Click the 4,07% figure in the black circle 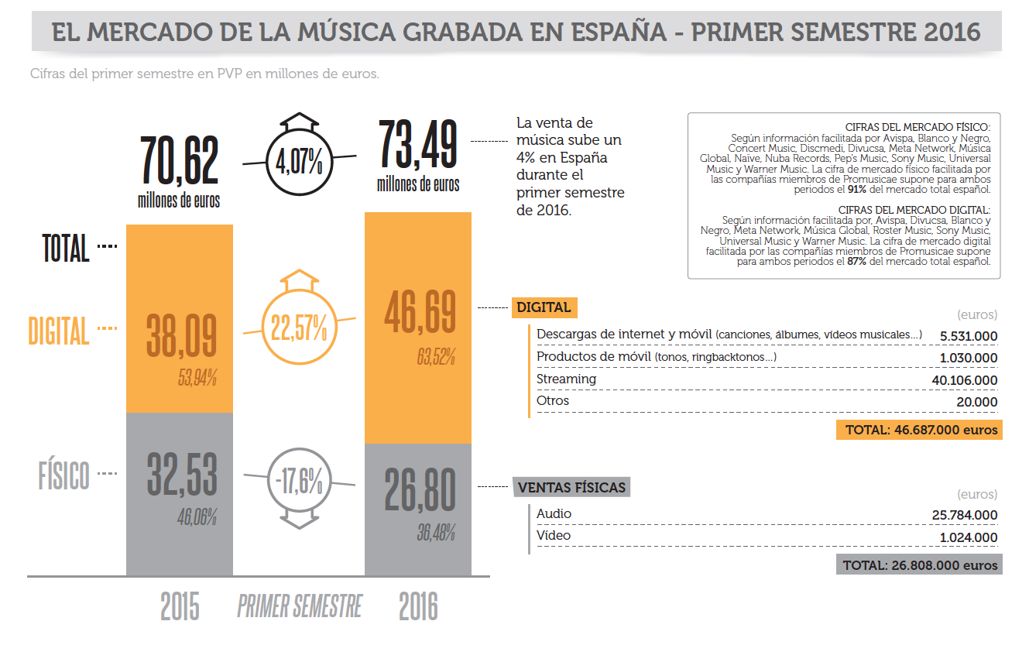(x=299, y=162)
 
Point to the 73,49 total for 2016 (x=418, y=143)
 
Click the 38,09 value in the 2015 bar (x=181, y=336)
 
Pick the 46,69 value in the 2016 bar (x=420, y=312)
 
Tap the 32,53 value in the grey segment (x=182, y=474)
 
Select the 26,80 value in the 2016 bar (x=420, y=489)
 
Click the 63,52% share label (x=436, y=356)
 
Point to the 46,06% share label (x=197, y=517)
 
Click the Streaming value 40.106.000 (x=964, y=380)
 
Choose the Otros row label (x=553, y=400)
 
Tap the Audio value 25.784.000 (x=964, y=515)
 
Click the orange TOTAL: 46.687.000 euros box (x=919, y=430)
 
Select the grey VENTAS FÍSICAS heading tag (x=571, y=487)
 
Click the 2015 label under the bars (x=180, y=606)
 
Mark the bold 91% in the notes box (x=857, y=189)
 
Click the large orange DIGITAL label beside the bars (x=59, y=331)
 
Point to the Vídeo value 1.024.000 (x=969, y=537)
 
